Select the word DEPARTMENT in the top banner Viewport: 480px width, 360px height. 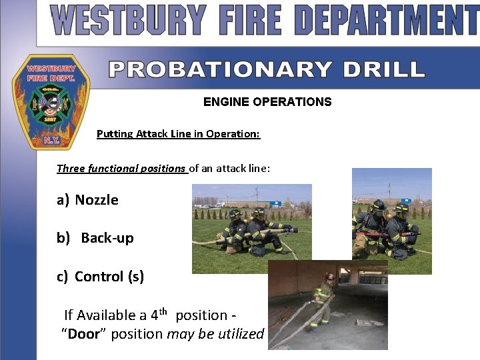tap(387, 21)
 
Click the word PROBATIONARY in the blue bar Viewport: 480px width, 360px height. tap(220, 69)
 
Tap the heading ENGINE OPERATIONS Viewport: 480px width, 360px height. tap(267, 102)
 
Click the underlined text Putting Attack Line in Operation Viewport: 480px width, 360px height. tap(178, 134)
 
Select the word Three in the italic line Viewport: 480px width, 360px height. tap(70, 169)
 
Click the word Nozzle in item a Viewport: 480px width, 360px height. tap(97, 200)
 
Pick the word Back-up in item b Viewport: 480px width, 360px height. tap(107, 238)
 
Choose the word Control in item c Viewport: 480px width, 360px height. tap(99, 276)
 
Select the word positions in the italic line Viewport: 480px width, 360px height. tap(161, 169)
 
